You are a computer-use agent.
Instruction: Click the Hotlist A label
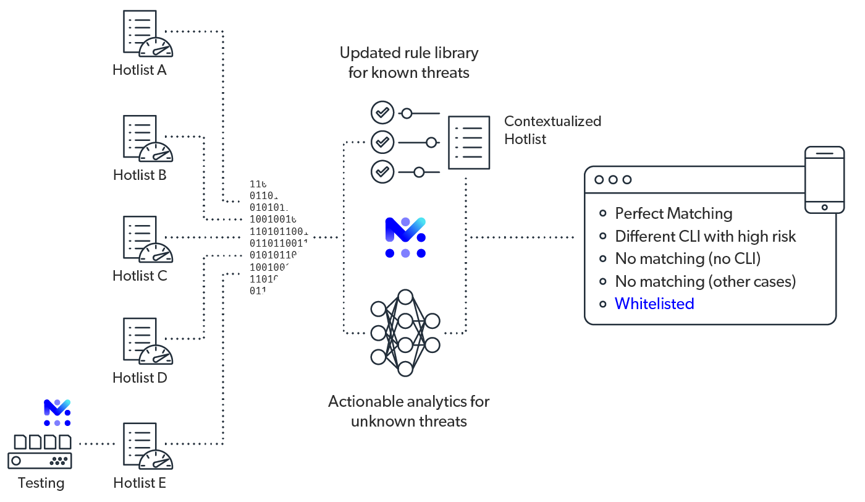139,70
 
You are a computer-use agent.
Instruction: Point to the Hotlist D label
140,377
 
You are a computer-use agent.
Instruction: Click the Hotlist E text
140,482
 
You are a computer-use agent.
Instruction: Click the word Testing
41,482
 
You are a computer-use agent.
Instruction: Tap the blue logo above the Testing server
57,412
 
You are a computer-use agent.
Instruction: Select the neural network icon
405,333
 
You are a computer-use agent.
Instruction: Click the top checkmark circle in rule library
382,113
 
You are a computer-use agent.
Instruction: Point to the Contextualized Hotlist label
552,130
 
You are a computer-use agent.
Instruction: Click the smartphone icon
824,180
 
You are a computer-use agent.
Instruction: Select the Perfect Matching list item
673,214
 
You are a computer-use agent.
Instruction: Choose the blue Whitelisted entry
654,304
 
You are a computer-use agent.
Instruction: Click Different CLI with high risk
705,236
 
